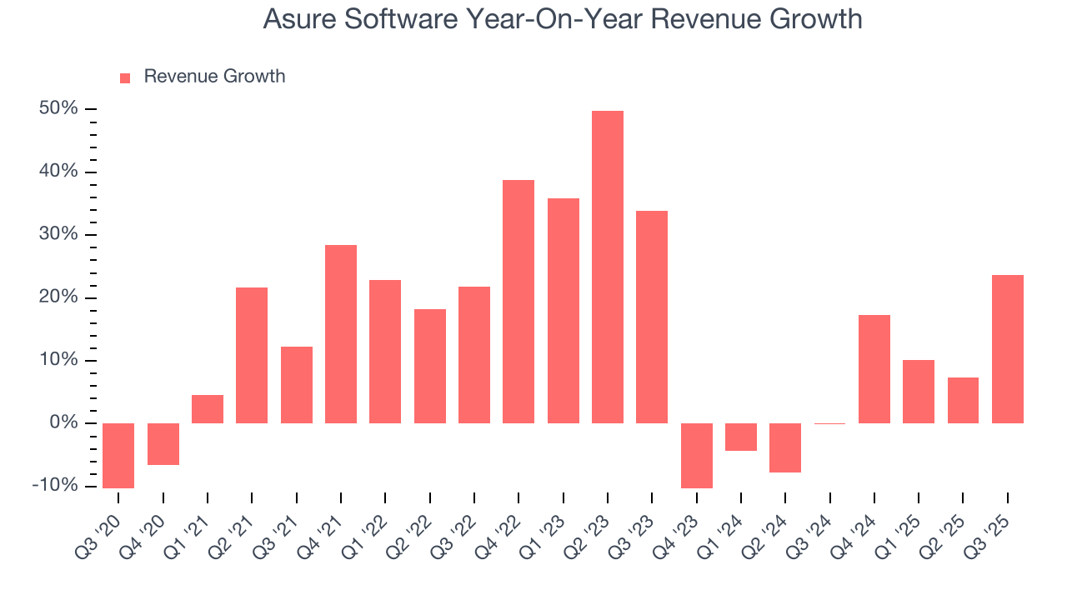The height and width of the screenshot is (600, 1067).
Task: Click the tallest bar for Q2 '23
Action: (607, 267)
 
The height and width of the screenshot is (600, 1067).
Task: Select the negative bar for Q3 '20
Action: (118, 455)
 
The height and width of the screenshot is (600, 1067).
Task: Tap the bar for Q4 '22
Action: (518, 302)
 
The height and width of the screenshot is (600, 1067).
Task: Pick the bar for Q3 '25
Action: (1007, 349)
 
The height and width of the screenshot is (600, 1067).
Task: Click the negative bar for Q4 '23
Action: (696, 455)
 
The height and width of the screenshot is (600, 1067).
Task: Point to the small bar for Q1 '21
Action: (208, 409)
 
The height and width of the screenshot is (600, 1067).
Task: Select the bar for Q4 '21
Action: (341, 334)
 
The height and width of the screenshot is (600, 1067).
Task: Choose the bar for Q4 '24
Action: (874, 369)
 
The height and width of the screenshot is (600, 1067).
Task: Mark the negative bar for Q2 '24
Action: (785, 447)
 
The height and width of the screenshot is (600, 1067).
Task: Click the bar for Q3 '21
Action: (296, 385)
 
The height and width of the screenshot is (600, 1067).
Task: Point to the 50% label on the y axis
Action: (58, 109)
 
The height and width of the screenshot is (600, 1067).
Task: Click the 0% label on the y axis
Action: (63, 423)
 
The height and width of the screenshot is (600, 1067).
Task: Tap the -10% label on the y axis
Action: (55, 486)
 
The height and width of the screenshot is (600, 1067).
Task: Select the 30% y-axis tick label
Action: (58, 235)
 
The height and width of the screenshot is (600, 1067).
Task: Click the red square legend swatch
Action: (125, 78)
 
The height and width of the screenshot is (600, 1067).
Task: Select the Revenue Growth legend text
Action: (214, 77)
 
